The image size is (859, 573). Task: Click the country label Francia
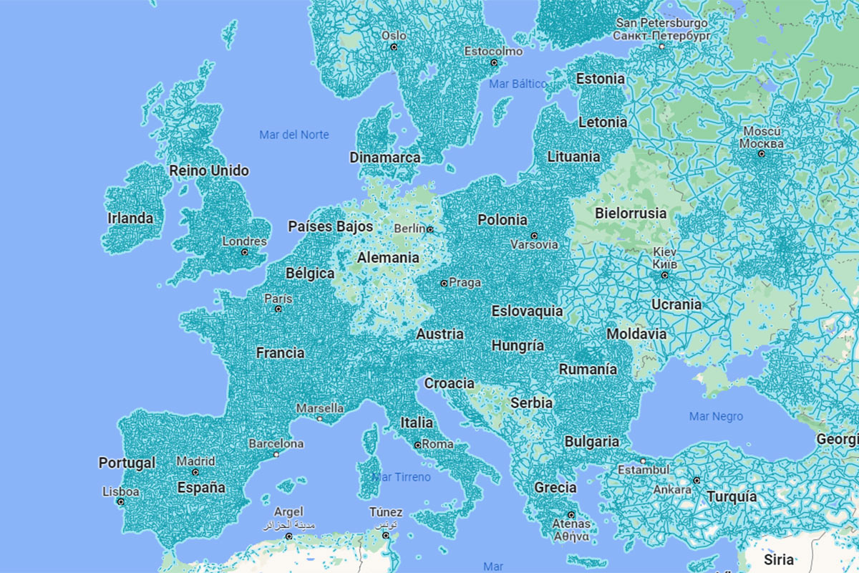click(280, 352)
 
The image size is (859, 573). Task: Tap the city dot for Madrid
click(195, 473)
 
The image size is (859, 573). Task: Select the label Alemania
click(388, 257)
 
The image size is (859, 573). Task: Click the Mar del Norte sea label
click(294, 135)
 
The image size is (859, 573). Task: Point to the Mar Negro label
click(716, 416)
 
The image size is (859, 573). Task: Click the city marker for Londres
click(244, 252)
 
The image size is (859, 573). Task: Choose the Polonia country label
click(503, 220)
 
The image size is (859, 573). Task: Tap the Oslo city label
click(394, 35)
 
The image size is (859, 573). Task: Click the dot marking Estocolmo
click(493, 63)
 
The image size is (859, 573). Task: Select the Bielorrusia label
click(631, 213)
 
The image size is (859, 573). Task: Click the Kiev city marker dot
click(664, 275)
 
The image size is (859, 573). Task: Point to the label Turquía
click(732, 496)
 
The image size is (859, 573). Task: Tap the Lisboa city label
click(121, 491)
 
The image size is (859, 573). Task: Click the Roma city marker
click(418, 445)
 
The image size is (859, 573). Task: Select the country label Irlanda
click(130, 218)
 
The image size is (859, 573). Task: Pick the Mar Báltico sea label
click(518, 84)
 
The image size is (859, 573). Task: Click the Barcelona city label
click(276, 443)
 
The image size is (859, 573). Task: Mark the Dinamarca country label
click(385, 157)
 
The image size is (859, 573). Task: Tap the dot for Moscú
click(762, 153)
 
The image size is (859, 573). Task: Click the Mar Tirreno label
click(402, 477)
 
